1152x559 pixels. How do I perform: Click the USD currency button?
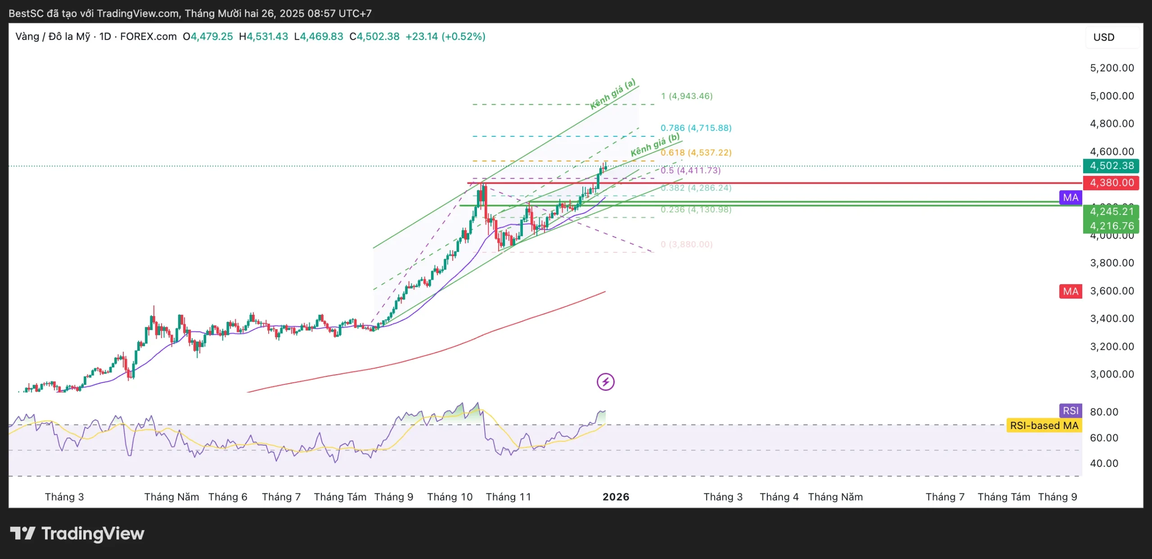1104,37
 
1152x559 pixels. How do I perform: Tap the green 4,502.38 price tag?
1111,166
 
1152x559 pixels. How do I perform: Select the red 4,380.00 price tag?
1111,183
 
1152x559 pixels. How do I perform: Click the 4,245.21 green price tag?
1111,211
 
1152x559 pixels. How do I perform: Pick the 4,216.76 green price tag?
1111,226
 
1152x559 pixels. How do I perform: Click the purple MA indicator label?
1071,197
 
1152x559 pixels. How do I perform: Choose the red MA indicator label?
1071,291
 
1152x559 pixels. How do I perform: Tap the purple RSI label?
1071,411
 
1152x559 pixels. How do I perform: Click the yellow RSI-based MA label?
1044,425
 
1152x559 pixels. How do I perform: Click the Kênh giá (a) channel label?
613,94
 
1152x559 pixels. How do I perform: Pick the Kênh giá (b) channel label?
655,145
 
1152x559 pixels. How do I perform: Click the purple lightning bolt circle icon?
605,382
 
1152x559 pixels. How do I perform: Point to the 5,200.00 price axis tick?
1111,68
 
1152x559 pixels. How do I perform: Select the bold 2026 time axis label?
616,497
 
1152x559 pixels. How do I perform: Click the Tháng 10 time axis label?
450,497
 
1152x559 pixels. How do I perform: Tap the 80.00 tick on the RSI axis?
1104,412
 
